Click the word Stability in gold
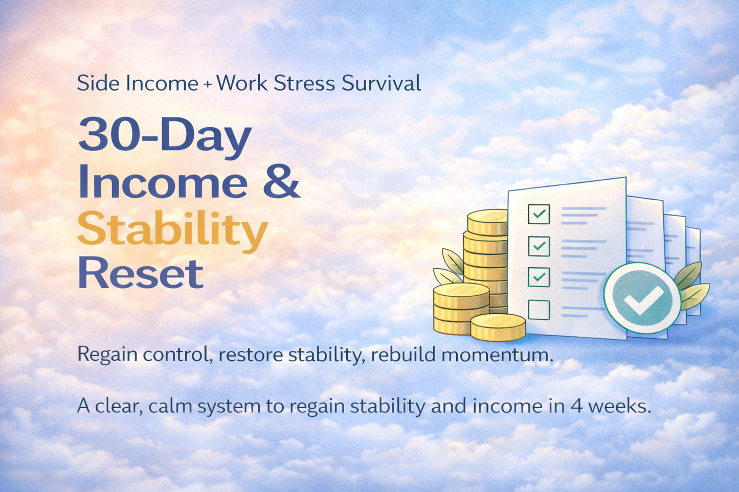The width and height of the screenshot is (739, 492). coord(172,229)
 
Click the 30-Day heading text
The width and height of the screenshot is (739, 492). coord(164,135)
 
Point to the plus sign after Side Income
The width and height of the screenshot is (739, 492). coord(207,84)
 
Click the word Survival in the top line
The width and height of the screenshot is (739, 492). coord(381,83)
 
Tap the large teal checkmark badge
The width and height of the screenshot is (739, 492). coord(642,298)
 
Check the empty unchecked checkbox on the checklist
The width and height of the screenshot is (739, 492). coord(539,310)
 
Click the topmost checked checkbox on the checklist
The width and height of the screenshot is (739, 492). coord(539,214)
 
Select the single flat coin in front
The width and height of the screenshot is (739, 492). coord(498,326)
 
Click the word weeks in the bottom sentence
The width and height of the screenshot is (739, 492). coord(619,406)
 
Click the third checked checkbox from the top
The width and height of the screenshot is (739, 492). coord(539,277)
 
